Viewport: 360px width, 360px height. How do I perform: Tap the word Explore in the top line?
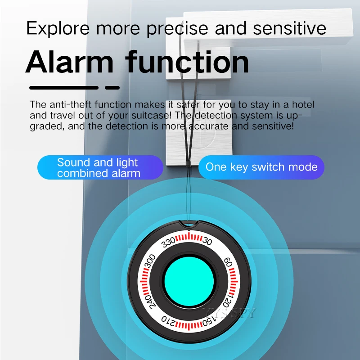click(x=58, y=28)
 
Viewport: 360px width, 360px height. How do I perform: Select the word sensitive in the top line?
click(x=289, y=28)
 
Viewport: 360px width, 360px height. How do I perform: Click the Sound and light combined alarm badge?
click(x=99, y=168)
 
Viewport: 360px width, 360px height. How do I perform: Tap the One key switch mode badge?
click(x=261, y=167)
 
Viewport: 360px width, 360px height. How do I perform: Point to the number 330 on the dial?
click(x=168, y=243)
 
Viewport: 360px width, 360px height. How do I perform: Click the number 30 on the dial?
click(x=207, y=241)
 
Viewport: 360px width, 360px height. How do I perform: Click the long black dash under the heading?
click(x=63, y=88)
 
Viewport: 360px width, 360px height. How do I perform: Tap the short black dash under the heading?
click(x=112, y=88)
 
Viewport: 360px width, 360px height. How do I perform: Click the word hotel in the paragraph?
click(x=301, y=105)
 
